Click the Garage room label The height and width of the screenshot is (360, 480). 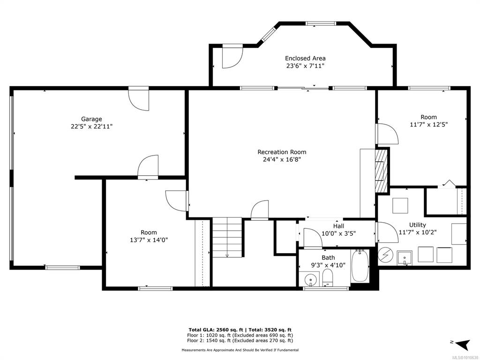[91, 119]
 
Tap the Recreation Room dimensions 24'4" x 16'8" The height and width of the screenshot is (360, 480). [282, 159]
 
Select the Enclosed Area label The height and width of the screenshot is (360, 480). [305, 58]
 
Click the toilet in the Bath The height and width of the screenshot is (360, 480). [328, 277]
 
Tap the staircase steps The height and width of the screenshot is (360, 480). [227, 237]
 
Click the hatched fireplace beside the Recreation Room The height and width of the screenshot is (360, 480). [382, 170]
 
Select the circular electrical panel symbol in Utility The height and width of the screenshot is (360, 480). [384, 254]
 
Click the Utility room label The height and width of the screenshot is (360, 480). [418, 225]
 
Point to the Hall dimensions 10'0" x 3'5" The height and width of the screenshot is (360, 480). [338, 233]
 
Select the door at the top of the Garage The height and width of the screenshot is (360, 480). [139, 99]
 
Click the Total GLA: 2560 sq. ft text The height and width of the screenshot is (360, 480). [216, 330]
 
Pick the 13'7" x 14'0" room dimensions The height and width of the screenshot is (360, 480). [149, 240]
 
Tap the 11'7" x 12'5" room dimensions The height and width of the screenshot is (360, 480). [429, 125]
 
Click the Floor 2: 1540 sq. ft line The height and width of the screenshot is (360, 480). [240, 340]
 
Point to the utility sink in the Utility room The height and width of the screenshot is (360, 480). [405, 258]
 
